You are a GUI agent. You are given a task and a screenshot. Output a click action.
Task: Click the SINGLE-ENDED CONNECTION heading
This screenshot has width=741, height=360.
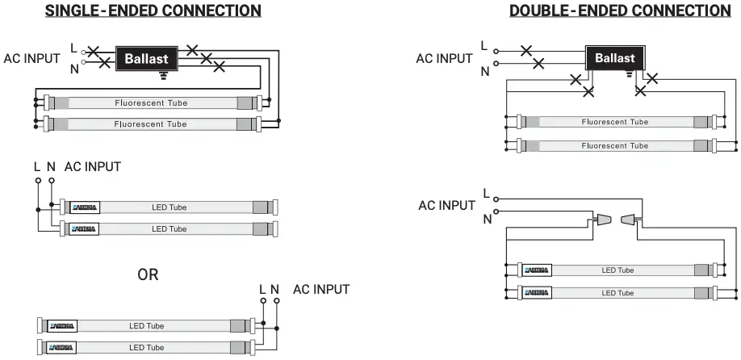point(153,10)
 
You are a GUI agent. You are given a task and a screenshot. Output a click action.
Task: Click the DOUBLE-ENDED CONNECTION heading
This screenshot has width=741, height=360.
point(619,10)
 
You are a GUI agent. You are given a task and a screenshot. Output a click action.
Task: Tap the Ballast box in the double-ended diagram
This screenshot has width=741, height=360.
point(615,57)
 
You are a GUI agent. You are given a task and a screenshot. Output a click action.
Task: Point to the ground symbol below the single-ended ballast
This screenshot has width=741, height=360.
point(164,75)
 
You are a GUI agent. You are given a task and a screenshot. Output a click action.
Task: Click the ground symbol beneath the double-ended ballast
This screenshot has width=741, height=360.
point(631,74)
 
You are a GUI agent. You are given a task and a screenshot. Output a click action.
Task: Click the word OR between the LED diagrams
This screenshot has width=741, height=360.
point(148,274)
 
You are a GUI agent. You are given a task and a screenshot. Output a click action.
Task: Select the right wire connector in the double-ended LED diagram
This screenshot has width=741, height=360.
point(630,219)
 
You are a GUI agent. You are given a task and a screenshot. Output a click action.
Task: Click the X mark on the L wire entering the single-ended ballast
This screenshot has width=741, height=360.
point(93,52)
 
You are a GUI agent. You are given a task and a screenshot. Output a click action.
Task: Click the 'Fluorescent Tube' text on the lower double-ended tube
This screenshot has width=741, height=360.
point(614,145)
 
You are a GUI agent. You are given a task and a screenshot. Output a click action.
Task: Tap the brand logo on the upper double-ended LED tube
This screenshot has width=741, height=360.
point(536,270)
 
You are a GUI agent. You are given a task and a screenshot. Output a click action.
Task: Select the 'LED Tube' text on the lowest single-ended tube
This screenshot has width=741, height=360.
point(146,347)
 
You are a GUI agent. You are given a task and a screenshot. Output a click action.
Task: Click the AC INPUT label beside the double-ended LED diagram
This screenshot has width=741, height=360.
point(446,205)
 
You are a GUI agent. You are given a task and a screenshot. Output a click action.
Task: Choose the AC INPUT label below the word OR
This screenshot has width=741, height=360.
point(321,289)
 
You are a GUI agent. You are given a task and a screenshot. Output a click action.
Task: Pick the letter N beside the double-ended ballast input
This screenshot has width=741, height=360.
point(485,71)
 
